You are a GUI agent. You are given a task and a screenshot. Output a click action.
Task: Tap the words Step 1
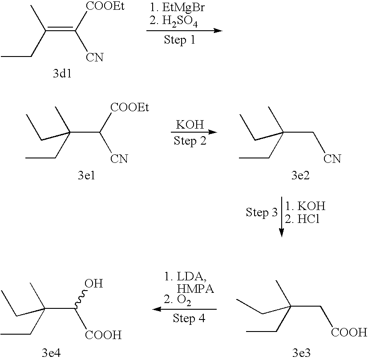(x=180, y=40)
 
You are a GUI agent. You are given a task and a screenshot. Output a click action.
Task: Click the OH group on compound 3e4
(x=93, y=283)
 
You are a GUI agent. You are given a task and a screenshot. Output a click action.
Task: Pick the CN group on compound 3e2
(x=332, y=158)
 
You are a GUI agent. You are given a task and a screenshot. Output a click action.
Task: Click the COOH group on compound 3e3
(x=348, y=332)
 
